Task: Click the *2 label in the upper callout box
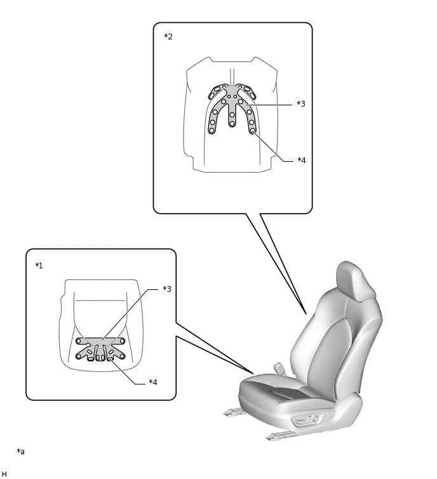click(x=168, y=37)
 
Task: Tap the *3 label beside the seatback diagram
click(x=301, y=104)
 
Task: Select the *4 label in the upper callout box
click(x=301, y=161)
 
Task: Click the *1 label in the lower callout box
click(x=39, y=266)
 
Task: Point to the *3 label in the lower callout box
click(x=167, y=289)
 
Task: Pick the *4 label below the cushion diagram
click(x=153, y=383)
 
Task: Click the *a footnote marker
click(x=20, y=452)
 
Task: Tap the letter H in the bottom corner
click(x=4, y=474)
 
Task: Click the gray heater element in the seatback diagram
click(x=232, y=95)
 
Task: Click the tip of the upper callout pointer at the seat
click(x=306, y=313)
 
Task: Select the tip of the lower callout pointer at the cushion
click(x=253, y=374)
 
